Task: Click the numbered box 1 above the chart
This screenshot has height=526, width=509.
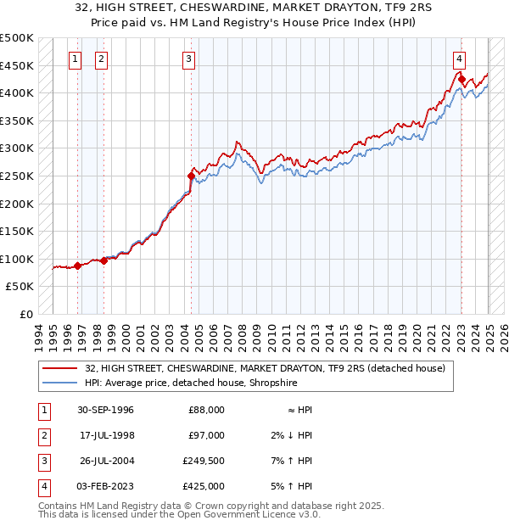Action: point(76,59)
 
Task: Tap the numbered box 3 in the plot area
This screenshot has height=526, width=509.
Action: point(187,59)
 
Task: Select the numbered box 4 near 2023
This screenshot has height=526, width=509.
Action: point(458,59)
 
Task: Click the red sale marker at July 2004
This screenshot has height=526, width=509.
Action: point(191,176)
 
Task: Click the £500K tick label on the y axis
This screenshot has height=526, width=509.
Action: point(17,38)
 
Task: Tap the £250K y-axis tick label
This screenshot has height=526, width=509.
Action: point(17,176)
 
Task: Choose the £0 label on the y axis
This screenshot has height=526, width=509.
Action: point(26,314)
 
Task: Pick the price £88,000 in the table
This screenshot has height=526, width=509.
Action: point(206,410)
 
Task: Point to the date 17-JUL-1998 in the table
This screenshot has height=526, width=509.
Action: point(106,435)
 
